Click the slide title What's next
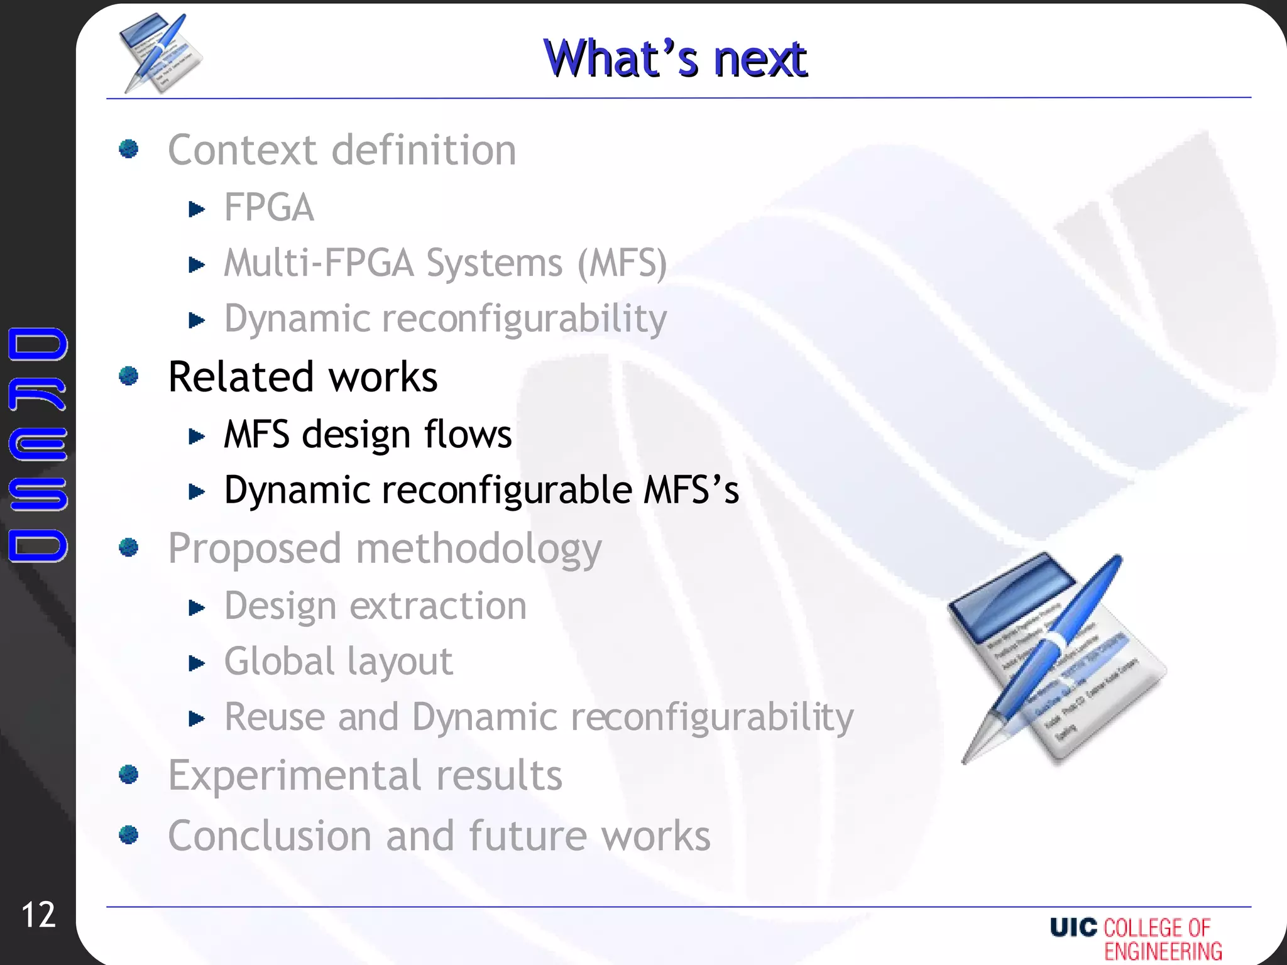point(675,58)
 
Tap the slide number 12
point(38,915)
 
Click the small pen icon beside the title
point(160,53)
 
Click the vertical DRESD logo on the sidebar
point(38,444)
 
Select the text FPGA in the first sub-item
point(269,207)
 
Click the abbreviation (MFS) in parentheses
point(622,263)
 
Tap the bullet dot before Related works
point(129,376)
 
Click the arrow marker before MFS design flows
point(197,436)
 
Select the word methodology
point(479,549)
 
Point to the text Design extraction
point(375,606)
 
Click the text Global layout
point(338,662)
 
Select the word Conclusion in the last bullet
point(270,836)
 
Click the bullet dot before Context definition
point(129,149)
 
